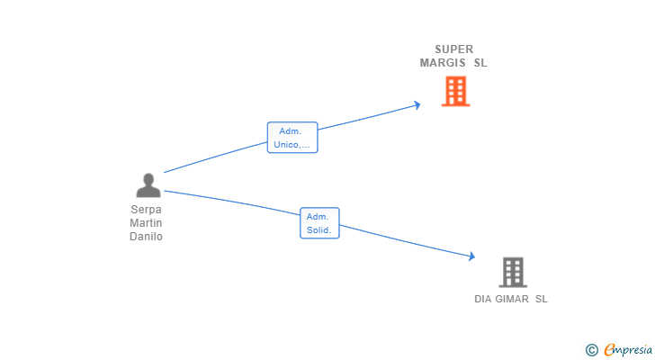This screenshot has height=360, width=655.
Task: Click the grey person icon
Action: [x=148, y=185]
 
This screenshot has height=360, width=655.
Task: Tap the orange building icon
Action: [x=455, y=91]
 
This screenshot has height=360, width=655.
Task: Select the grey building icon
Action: [x=512, y=272]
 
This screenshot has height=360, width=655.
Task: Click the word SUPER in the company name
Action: [x=453, y=49]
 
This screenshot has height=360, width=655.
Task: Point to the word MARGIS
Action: [x=443, y=63]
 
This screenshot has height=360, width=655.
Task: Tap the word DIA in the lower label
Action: [x=484, y=299]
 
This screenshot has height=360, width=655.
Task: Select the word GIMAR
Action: [x=513, y=299]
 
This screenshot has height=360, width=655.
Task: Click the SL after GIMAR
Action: [x=541, y=299]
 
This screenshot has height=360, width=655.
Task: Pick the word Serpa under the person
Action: [x=147, y=210]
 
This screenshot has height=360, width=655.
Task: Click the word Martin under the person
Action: [x=147, y=223]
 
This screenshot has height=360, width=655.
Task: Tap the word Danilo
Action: [x=147, y=237]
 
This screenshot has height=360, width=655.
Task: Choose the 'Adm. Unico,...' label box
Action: [x=292, y=138]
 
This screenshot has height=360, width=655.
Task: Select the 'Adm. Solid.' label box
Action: [x=319, y=223]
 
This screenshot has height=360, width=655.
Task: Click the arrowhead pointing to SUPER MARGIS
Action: [x=417, y=104]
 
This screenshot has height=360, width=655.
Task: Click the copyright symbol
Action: [x=591, y=349]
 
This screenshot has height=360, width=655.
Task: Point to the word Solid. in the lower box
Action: [x=319, y=230]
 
